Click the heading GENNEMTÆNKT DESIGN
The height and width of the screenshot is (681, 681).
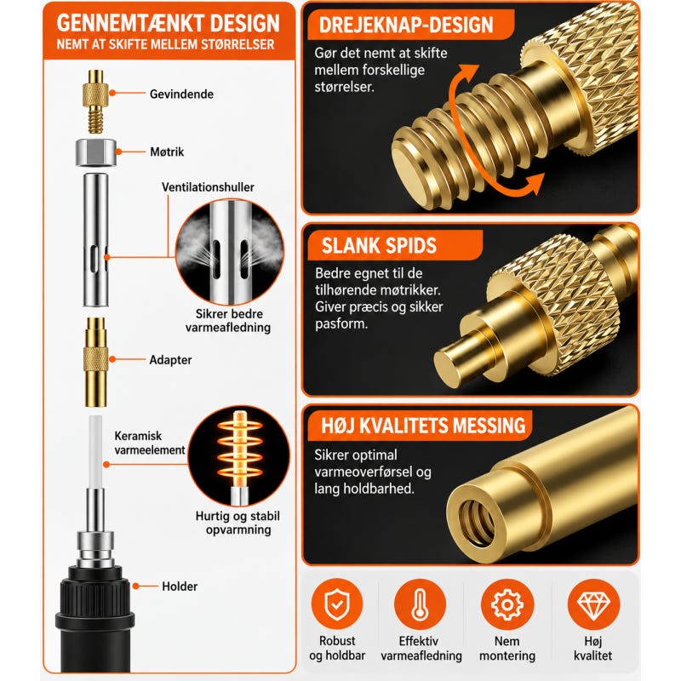[168, 24]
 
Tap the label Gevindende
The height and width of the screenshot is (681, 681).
[181, 94]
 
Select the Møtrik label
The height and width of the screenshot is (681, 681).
[167, 152]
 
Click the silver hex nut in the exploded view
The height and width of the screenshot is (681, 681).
[96, 152]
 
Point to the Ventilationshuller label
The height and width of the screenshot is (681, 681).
[208, 187]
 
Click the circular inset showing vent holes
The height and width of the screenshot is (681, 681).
[230, 252]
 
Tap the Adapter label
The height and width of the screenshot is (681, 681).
[170, 359]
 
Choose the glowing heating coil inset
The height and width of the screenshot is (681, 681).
[239, 457]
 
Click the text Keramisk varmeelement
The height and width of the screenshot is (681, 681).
[150, 443]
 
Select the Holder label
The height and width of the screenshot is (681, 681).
[180, 587]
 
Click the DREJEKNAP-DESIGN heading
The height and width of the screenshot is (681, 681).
[406, 26]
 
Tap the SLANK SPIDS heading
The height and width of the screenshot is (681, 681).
[379, 246]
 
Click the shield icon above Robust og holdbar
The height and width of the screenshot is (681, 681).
[337, 604]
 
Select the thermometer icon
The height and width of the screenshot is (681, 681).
[420, 604]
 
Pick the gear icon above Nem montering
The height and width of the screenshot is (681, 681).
[507, 604]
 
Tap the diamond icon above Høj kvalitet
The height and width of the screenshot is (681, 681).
[593, 604]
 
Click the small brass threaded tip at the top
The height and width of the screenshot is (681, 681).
[95, 101]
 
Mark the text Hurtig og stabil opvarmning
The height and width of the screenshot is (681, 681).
[238, 523]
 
